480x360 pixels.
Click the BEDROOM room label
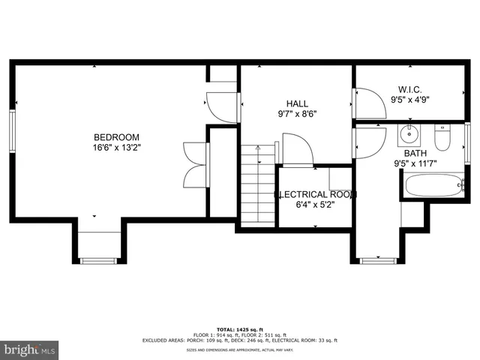coord(116,136)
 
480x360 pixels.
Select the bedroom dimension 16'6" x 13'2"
coord(116,148)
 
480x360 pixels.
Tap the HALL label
coord(296,104)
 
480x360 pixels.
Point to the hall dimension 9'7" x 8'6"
coord(296,115)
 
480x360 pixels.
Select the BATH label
coord(406,152)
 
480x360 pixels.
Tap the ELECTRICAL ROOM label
coord(315,194)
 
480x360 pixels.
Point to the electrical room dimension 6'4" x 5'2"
coord(315,204)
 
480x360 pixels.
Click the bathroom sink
coord(409,136)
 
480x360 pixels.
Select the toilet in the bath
coord(442,139)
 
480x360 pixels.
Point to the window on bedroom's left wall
coord(12,132)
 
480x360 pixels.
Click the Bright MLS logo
coord(29,349)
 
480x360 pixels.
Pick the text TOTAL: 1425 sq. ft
coord(239,329)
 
